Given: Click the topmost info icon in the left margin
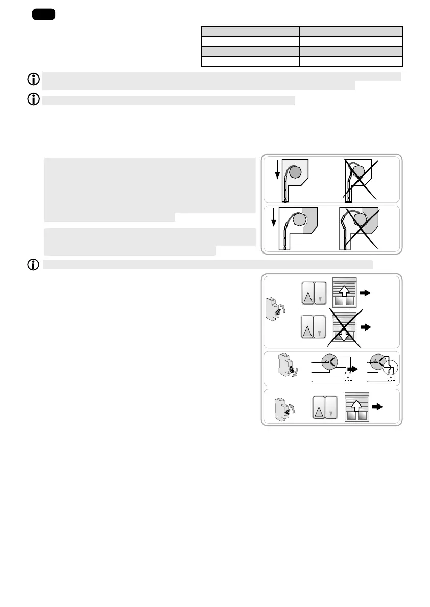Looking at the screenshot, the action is click(x=33, y=80).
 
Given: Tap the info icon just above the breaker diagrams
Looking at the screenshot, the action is click(x=33, y=265).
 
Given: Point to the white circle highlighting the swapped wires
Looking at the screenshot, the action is click(x=391, y=367).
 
